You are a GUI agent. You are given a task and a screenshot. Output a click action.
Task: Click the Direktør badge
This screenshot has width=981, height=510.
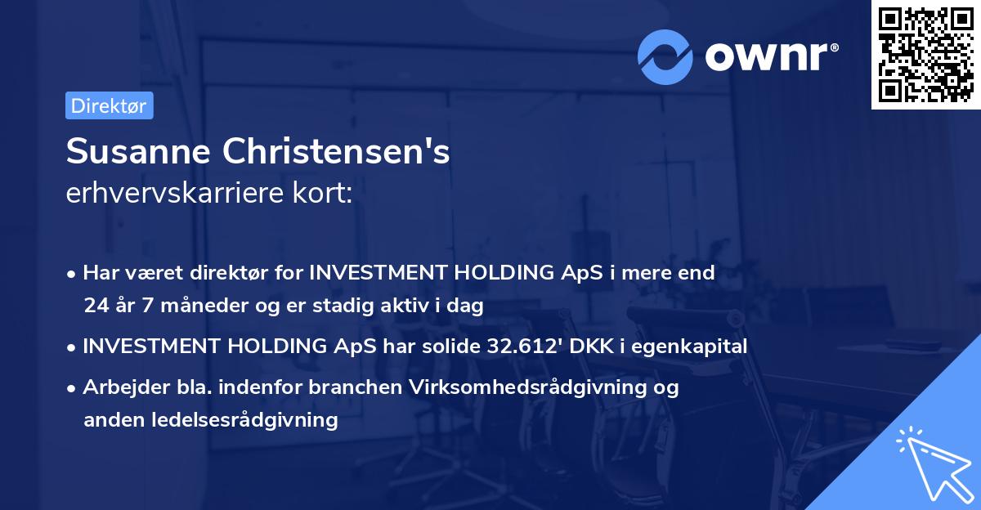pos(109,106)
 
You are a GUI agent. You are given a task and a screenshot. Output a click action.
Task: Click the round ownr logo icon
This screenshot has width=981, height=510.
pos(665,56)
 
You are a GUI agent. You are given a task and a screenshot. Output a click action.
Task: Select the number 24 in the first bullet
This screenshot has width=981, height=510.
pos(95,306)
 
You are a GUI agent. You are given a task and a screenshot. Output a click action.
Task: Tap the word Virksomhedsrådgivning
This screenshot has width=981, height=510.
pos(525,387)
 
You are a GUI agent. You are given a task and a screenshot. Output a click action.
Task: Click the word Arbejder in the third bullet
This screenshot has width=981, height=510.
pos(117,387)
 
